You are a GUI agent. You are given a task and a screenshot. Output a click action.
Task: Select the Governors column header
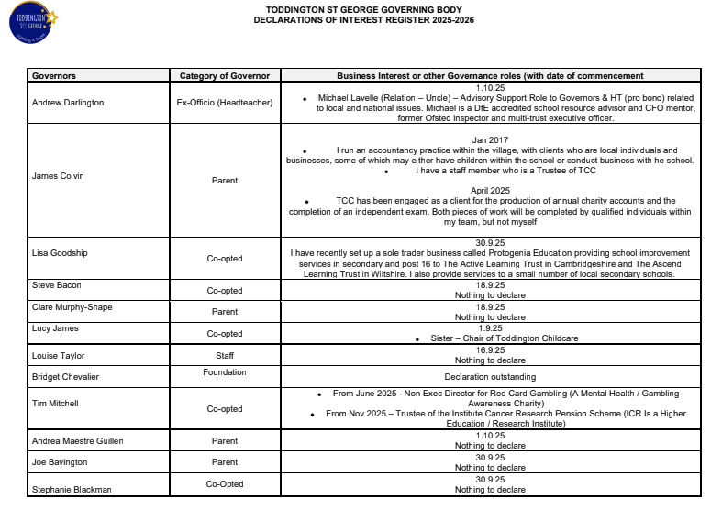click(x=54, y=76)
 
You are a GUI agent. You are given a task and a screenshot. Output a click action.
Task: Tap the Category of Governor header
click(x=225, y=76)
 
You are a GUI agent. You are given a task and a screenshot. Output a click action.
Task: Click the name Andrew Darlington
click(x=68, y=102)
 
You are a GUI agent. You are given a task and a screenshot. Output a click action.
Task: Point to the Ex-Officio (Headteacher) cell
click(x=225, y=102)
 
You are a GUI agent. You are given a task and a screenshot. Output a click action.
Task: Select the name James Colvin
click(x=58, y=176)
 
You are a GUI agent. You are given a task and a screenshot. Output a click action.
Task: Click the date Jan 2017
click(x=484, y=136)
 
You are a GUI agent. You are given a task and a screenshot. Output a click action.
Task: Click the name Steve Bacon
click(x=57, y=285)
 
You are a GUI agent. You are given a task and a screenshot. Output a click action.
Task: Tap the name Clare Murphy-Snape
click(x=72, y=307)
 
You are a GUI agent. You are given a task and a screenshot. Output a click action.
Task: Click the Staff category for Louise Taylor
click(x=225, y=355)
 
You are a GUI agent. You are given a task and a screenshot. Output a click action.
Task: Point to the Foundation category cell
click(x=225, y=372)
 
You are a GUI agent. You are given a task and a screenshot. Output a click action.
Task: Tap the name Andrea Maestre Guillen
click(x=77, y=441)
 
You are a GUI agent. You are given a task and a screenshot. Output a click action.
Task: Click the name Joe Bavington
click(x=60, y=462)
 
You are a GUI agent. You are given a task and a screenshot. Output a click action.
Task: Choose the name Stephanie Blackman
click(x=72, y=489)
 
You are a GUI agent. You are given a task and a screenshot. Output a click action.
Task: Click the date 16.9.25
click(x=484, y=349)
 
